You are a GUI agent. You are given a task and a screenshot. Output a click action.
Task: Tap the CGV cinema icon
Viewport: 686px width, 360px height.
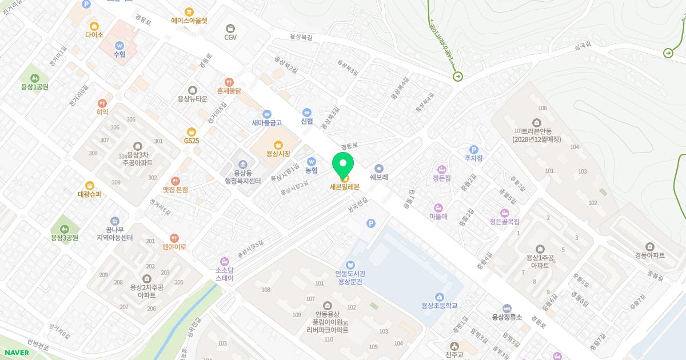pyautogui.click(x=230, y=27)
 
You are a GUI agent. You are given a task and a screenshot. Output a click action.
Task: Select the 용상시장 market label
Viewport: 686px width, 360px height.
pyautogui.click(x=278, y=153)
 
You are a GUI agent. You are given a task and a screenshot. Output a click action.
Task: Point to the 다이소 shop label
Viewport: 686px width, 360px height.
pyautogui.click(x=94, y=35)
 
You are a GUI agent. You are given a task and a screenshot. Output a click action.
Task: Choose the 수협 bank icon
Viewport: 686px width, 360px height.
pyautogui.click(x=119, y=45)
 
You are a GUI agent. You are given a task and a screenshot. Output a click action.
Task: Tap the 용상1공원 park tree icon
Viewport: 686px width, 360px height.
pyautogui.click(x=34, y=78)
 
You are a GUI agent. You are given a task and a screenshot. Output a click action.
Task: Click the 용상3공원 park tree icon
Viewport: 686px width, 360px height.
pyautogui.click(x=64, y=229)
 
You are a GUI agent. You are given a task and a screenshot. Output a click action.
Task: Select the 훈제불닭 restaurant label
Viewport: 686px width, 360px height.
pyautogui.click(x=229, y=91)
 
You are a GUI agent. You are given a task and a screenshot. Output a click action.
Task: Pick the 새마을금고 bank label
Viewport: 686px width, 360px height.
pyautogui.click(x=267, y=123)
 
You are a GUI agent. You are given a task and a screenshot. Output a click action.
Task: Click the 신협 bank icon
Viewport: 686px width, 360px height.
pyautogui.click(x=307, y=112)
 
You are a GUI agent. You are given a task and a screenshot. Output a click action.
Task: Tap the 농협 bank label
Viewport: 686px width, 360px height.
pyautogui.click(x=311, y=170)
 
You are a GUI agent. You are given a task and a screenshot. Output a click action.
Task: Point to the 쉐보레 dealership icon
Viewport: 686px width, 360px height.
pyautogui.click(x=378, y=168)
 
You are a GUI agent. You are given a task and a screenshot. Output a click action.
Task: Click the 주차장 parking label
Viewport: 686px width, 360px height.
pyautogui.click(x=473, y=158)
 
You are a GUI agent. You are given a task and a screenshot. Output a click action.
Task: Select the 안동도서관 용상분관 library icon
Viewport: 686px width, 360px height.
pyautogui.click(x=350, y=265)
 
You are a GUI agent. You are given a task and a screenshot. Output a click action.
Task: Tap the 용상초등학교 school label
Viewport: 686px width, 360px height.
pyautogui.click(x=439, y=306)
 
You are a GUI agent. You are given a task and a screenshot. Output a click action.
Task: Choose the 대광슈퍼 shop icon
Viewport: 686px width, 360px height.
pyautogui.click(x=90, y=185)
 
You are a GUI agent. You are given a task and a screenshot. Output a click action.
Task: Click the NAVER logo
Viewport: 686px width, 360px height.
pyautogui.click(x=15, y=353)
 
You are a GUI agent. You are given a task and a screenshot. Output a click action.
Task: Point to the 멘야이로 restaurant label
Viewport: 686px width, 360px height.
pyautogui.click(x=174, y=247)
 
